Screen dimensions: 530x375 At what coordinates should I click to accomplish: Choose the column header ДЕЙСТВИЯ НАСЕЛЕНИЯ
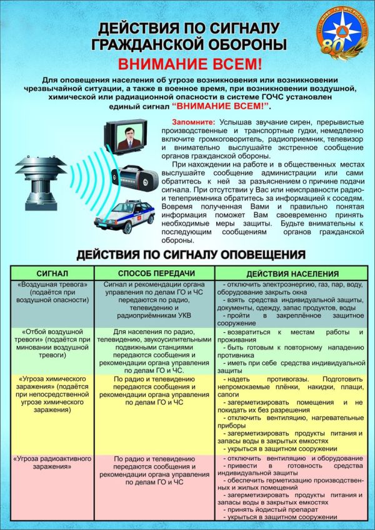292,273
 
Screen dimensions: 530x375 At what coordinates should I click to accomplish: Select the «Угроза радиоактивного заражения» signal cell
52,465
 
